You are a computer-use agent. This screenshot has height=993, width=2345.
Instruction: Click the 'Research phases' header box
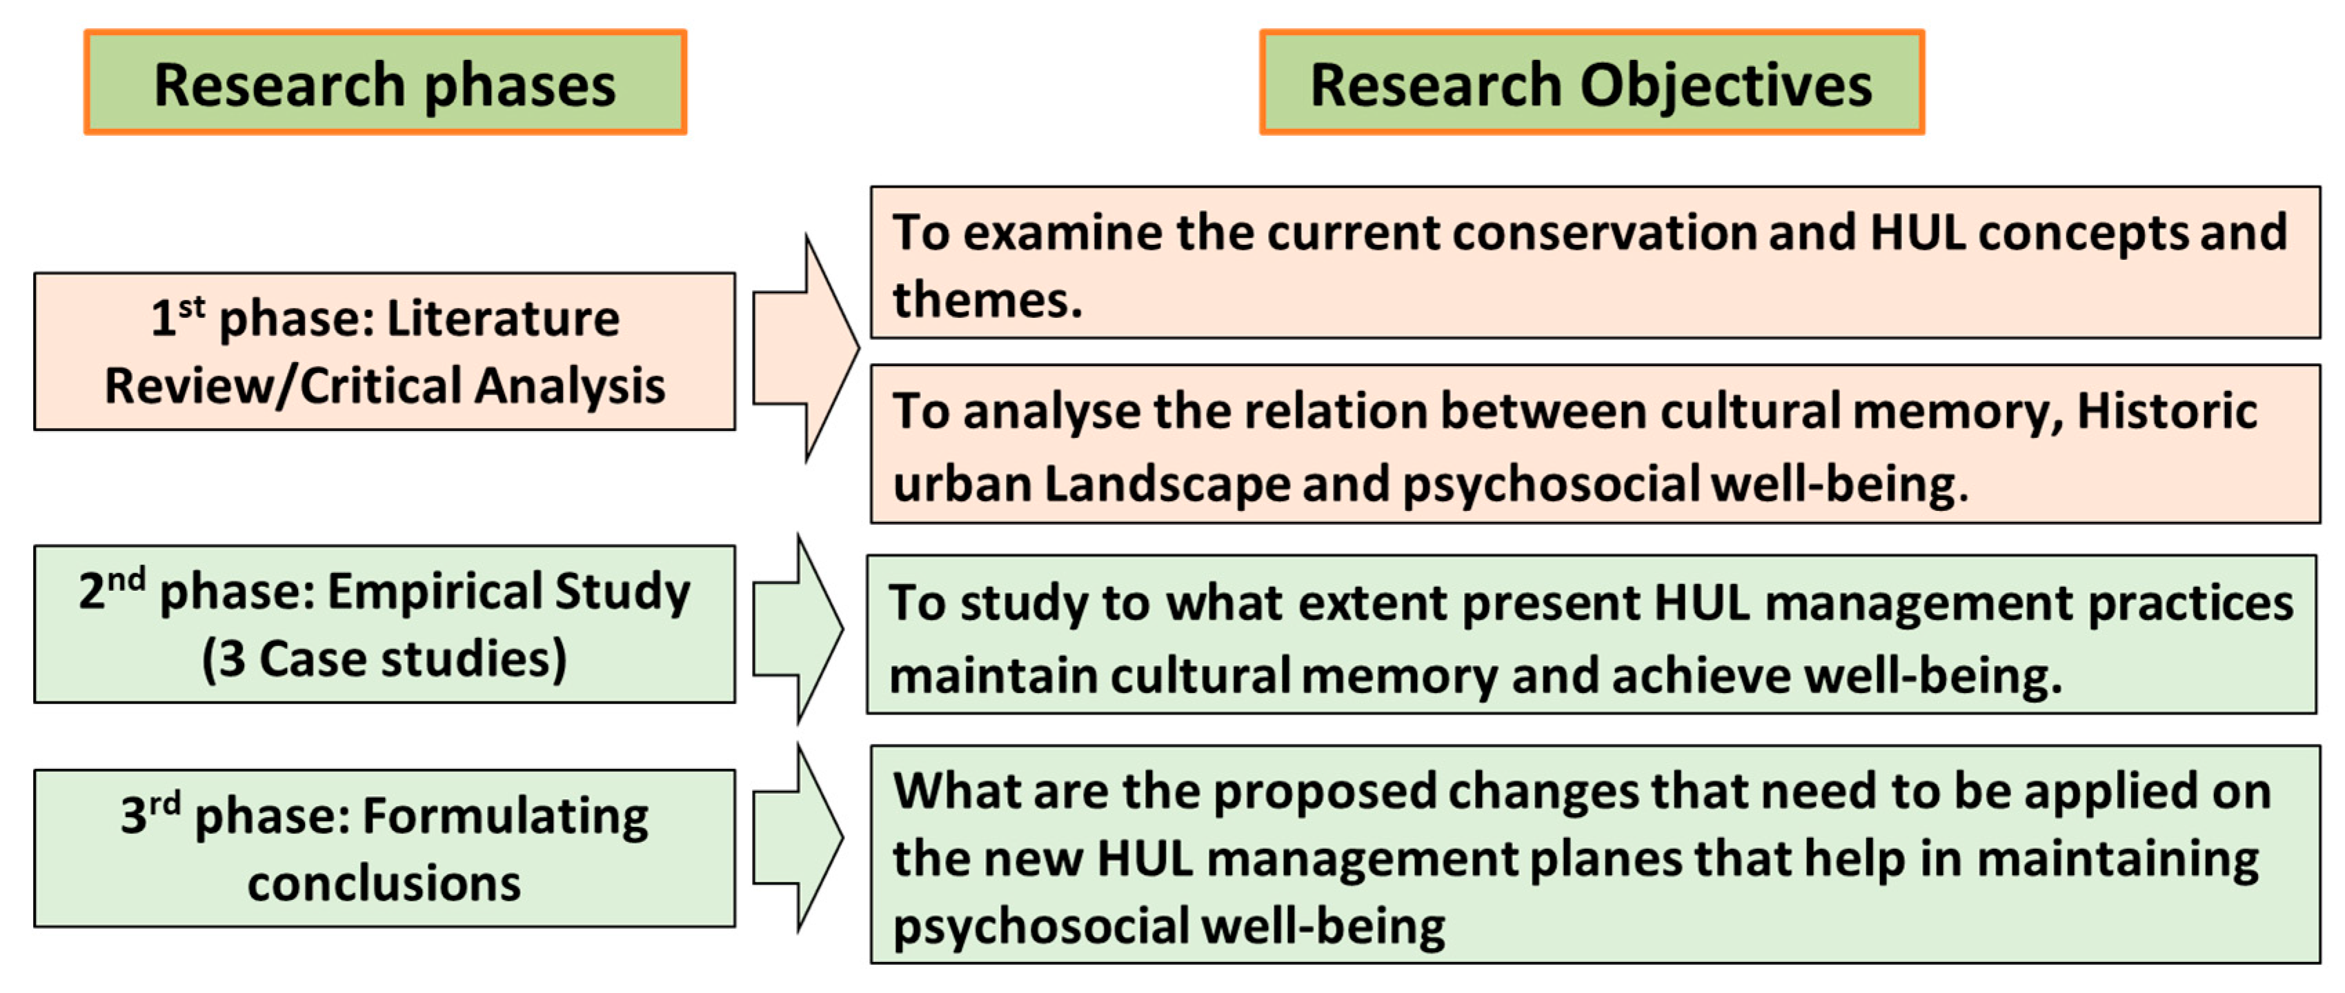click(385, 83)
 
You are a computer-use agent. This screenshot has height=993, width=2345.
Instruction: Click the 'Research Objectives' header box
click(1591, 83)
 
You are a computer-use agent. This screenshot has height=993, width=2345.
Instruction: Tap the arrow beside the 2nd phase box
click(798, 629)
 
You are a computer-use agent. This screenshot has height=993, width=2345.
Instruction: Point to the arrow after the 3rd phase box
click(798, 837)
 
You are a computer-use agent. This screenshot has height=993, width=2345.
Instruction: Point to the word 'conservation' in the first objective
click(1601, 232)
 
